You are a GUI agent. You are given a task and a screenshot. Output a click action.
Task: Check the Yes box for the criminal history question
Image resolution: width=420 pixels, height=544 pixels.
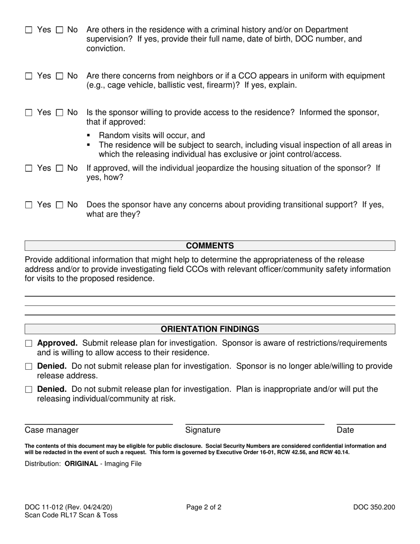pos(29,30)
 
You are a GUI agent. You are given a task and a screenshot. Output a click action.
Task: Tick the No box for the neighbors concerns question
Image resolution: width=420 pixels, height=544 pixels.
pos(60,76)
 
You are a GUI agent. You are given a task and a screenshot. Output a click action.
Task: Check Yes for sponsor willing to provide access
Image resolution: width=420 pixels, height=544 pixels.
pos(29,113)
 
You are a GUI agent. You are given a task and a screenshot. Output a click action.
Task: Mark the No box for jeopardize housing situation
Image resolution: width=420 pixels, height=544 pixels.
pos(60,169)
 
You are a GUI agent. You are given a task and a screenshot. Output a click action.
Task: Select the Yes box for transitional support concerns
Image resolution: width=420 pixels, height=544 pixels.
pos(29,205)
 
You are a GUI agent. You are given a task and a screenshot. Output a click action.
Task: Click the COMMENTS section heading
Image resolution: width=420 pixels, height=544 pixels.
pos(210,246)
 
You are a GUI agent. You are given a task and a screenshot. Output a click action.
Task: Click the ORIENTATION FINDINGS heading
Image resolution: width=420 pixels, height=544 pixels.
pos(210,329)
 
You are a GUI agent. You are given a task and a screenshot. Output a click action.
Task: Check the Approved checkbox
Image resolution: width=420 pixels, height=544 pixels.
pos(29,344)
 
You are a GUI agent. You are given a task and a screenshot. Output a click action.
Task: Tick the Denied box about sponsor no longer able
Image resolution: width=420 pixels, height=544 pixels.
pos(29,367)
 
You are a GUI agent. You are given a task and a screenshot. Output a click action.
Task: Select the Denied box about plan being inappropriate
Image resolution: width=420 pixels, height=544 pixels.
pos(29,390)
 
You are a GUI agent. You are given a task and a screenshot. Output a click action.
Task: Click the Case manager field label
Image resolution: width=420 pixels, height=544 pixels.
pos(52,430)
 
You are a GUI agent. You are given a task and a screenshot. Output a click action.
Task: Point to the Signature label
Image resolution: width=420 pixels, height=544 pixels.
pos(202,430)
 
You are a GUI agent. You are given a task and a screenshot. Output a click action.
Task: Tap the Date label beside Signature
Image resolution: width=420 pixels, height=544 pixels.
pos(345,430)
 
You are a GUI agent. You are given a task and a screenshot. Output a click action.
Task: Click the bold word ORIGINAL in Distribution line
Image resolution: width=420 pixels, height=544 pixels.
pos(81,464)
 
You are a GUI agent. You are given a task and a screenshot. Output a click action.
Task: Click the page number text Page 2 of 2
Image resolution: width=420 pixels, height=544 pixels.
pos(204,507)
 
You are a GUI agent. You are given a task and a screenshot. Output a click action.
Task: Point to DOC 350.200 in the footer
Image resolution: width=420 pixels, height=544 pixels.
pos(374,507)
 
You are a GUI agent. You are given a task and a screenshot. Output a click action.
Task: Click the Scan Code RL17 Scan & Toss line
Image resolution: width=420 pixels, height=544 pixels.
pos(71,515)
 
